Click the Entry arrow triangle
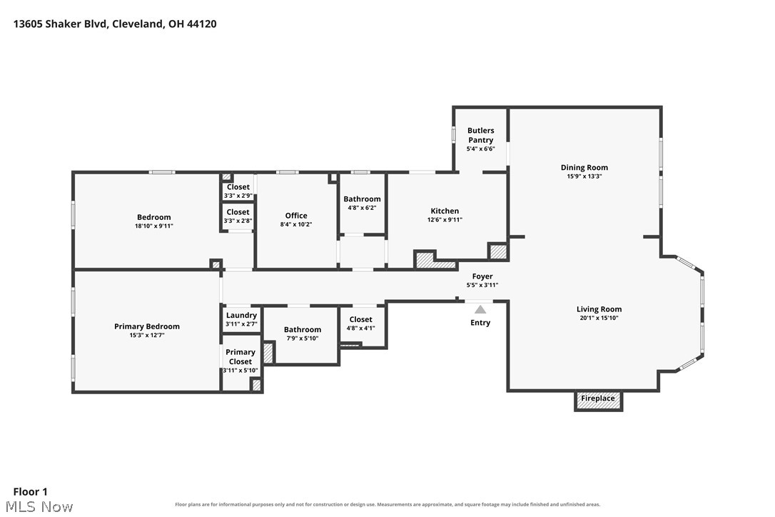(480, 310)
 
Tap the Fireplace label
(598, 398)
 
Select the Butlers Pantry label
(481, 135)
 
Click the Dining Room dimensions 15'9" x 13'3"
(584, 176)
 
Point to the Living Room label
(599, 309)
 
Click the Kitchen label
(445, 211)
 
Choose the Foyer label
(482, 276)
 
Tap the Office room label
(296, 216)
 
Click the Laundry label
(241, 316)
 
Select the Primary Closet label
(240, 357)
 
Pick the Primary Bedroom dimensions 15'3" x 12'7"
(147, 335)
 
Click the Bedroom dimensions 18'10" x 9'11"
(154, 226)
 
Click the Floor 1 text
(30, 492)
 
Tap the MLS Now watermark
(40, 506)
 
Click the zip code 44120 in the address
(202, 24)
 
